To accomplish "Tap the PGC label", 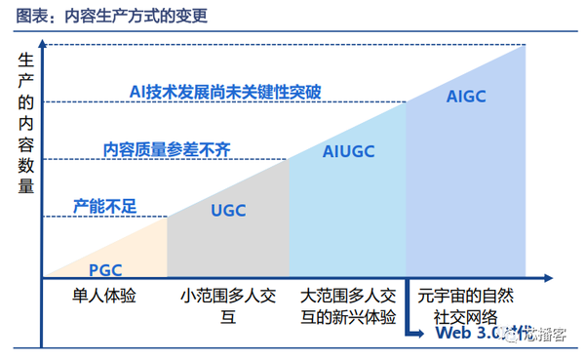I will coord(105,269).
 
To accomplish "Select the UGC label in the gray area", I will coord(228,210).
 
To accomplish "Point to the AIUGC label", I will coord(348,151).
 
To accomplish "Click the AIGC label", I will coord(465,97).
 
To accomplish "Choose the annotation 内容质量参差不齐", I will coord(167,149).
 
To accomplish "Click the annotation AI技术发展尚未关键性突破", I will coord(225,93).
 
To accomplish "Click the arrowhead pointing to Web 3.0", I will coord(424,335).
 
